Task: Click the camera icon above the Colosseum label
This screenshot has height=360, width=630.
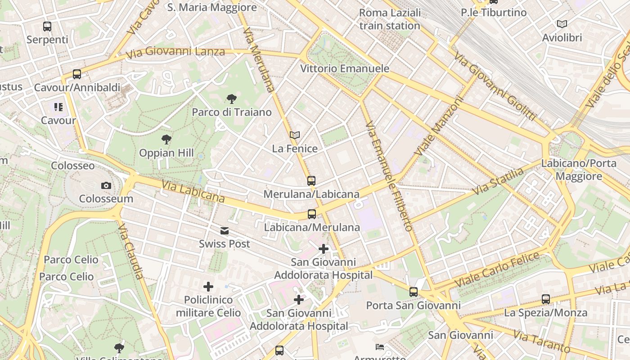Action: tap(106, 185)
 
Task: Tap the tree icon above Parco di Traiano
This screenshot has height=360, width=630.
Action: tap(232, 99)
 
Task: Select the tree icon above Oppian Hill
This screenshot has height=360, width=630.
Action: tap(166, 139)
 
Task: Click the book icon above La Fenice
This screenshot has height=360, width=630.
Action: tap(295, 135)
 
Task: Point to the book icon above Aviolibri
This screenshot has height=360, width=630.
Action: tap(562, 24)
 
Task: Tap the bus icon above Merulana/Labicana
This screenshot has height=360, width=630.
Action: tap(311, 181)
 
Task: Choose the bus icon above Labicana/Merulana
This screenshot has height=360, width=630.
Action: tap(312, 214)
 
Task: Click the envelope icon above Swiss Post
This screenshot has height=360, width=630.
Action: tap(224, 231)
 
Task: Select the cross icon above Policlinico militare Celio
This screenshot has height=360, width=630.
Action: tap(208, 287)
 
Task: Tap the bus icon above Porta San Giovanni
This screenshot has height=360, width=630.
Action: tap(414, 292)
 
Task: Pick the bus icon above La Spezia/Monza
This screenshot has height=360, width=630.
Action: tap(546, 299)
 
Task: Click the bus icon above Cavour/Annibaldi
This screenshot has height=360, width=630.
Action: tap(77, 74)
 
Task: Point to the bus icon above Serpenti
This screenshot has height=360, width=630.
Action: tap(47, 27)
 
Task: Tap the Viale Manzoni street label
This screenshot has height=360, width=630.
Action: tap(438, 127)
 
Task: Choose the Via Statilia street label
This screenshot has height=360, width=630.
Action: tap(499, 181)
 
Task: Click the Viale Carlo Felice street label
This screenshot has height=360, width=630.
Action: tap(497, 270)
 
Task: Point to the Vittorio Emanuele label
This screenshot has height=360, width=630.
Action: tap(344, 69)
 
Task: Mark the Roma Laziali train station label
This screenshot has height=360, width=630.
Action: tap(390, 19)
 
